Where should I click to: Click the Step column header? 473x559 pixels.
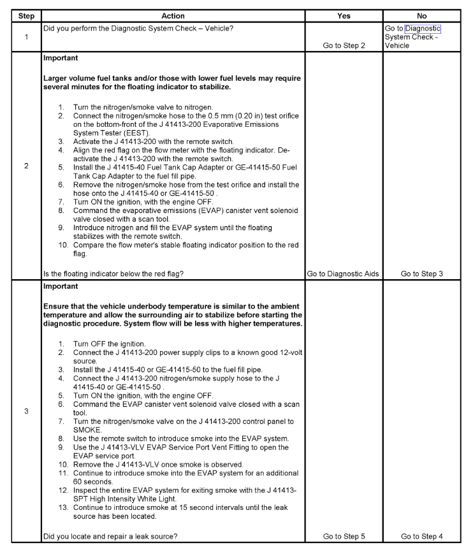26,15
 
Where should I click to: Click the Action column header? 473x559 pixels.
173,15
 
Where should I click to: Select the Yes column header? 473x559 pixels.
344,15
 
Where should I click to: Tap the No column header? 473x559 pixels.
421,15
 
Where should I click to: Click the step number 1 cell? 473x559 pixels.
26,37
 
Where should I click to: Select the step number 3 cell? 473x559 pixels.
26,411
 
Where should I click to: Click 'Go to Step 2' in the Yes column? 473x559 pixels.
344,45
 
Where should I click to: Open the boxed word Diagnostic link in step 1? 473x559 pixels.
423,29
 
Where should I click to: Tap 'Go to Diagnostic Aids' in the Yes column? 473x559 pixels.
344,274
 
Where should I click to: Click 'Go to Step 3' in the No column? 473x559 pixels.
421,274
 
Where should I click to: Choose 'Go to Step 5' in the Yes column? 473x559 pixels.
344,537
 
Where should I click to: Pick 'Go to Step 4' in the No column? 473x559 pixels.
421,537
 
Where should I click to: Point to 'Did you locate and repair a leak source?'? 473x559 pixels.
110,537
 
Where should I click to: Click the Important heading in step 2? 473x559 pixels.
60,58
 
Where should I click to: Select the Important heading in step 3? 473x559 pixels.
60,287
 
